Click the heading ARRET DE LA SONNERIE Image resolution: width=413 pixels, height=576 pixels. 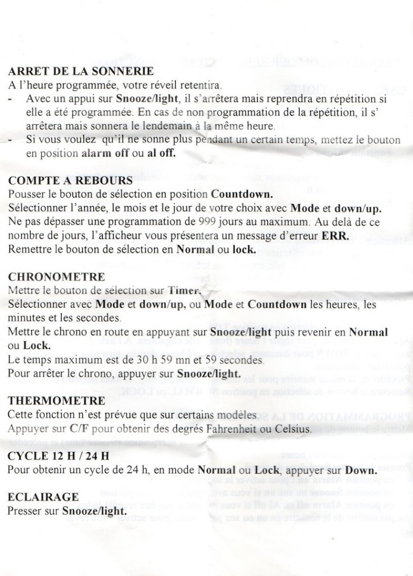click(81, 72)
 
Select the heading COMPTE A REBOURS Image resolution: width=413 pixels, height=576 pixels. click(71, 181)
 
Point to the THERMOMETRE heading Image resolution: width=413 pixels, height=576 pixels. click(57, 401)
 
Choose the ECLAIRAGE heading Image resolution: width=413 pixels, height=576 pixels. click(43, 497)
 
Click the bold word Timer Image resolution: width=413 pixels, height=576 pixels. click(184, 291)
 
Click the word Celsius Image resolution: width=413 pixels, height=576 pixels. click(289, 429)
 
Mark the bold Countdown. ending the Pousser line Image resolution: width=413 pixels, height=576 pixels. click(242, 194)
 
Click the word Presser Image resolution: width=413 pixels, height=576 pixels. click(25, 511)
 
